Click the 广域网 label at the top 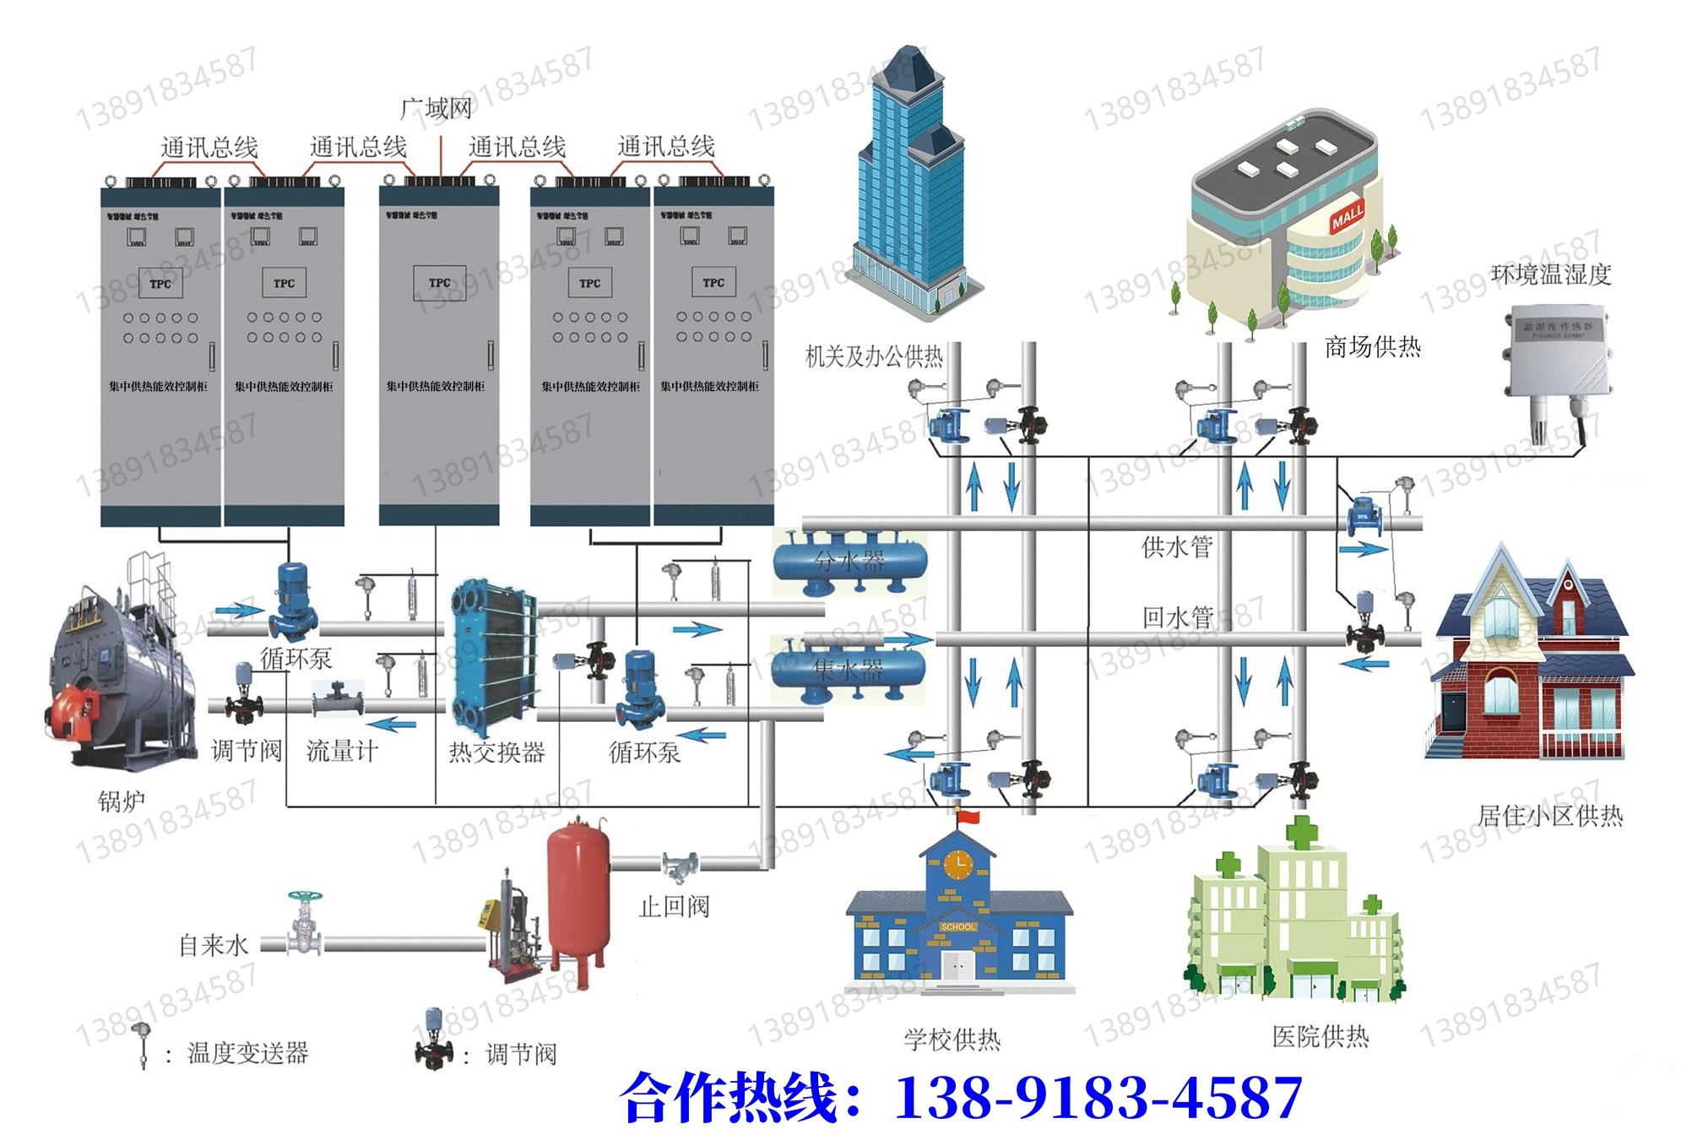[436, 109]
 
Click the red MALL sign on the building [1348, 217]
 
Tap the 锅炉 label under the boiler [122, 801]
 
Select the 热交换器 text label [496, 752]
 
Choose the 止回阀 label [674, 907]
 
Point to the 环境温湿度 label [1551, 274]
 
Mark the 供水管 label [1177, 547]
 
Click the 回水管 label [1177, 617]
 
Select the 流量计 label [341, 751]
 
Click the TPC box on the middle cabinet [439, 284]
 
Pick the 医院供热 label [1321, 1036]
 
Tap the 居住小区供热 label [1550, 816]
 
